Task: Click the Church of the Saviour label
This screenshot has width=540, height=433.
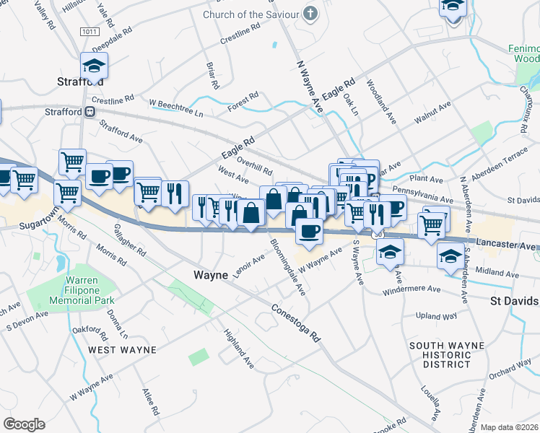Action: coord(250,14)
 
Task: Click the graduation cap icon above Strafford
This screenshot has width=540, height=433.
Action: coord(94,66)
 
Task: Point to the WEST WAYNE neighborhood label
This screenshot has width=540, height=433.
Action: coord(122,350)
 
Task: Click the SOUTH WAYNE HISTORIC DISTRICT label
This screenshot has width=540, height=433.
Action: coord(440,355)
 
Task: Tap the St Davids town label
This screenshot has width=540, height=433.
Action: coord(514,300)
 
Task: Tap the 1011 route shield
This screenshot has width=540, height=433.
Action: coord(90,32)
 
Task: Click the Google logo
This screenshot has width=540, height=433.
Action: coord(24,424)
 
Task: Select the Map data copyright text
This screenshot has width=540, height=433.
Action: coord(510,427)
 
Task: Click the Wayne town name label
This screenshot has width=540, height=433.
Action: coord(211,275)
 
